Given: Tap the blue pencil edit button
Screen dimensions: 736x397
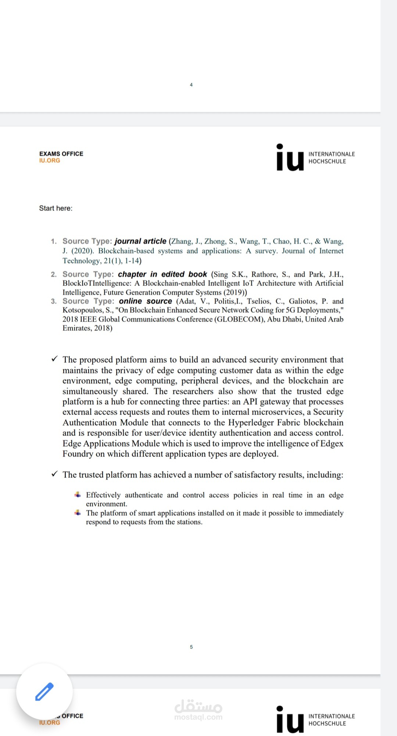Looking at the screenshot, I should tap(44, 692).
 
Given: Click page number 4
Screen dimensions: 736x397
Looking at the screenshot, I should tap(191, 85).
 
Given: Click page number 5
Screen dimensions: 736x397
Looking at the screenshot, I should tap(191, 647).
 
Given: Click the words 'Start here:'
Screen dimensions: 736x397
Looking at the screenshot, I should tap(56, 208).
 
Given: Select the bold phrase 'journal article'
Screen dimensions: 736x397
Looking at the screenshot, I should tap(140, 241).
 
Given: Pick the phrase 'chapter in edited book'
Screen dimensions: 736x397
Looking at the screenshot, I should tap(162, 274).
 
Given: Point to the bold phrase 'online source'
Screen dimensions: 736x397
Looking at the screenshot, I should tap(145, 301).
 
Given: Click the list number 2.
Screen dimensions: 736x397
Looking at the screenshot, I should tap(54, 275).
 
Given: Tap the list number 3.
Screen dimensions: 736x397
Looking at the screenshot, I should tap(54, 301).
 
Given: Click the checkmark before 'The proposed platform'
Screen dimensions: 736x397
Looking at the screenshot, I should tap(54, 359).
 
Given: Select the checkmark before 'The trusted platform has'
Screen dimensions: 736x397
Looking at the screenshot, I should tap(54, 474).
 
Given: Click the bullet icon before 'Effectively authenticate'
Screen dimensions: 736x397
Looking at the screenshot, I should tap(78, 494).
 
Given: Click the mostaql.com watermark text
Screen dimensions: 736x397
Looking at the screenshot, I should tap(198, 717).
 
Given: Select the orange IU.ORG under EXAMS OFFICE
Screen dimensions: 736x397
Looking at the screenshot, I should tap(50, 161).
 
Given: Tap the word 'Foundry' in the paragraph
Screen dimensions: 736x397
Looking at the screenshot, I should tap(78, 454).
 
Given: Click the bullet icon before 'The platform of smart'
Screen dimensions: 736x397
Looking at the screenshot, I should tap(78, 512).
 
